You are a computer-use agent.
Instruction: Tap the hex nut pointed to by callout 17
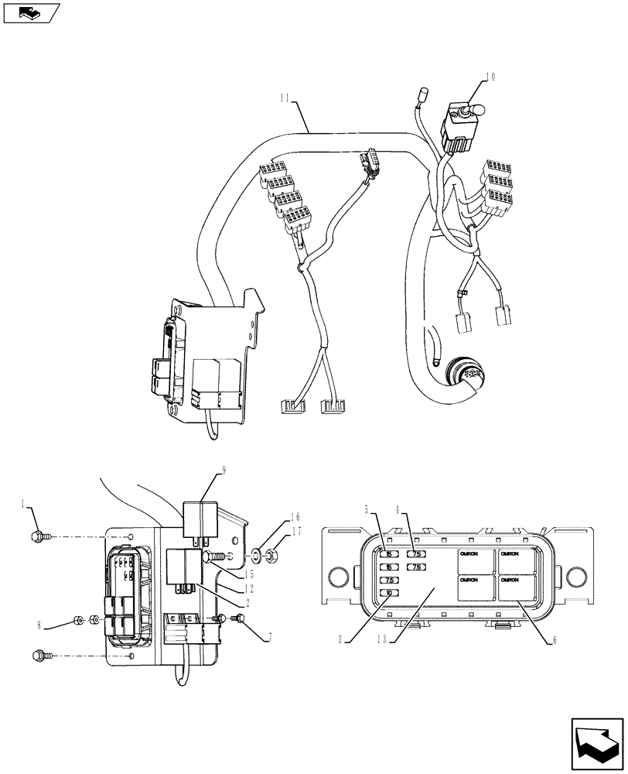[273, 553]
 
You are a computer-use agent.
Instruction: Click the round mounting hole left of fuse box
[336, 577]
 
